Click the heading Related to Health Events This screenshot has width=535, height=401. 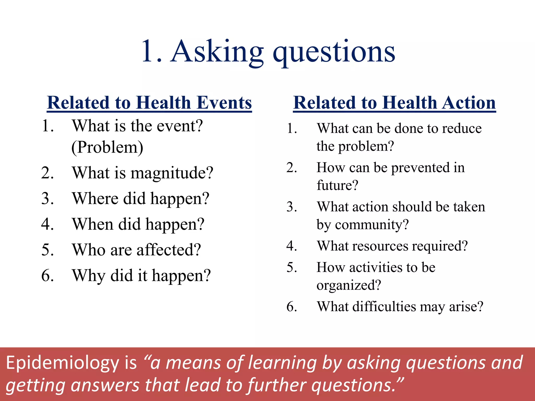click(149, 103)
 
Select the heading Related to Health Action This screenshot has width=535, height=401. click(394, 103)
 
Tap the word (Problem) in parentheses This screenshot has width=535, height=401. click(107, 148)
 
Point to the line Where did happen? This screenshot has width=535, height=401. click(141, 199)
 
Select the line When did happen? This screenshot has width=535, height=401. click(138, 224)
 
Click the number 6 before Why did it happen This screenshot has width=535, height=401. click(47, 276)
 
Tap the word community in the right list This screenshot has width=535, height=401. click(371, 225)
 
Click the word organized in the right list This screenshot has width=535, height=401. click(348, 285)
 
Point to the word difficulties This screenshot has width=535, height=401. click(384, 307)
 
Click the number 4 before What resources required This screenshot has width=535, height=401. click(291, 246)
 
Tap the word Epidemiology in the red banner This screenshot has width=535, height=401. click(62, 363)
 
